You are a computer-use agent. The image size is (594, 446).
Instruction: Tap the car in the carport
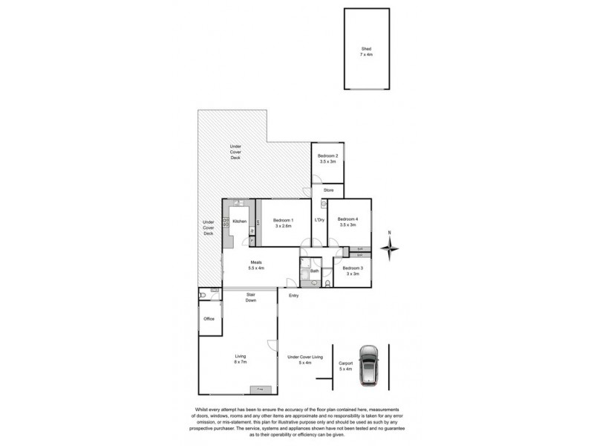tap(369, 366)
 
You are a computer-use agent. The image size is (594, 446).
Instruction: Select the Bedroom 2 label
tap(327, 158)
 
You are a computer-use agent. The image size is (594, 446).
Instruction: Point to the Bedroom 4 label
tap(347, 222)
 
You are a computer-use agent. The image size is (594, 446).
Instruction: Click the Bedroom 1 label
tap(284, 222)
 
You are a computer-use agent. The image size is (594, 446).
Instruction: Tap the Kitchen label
tap(239, 222)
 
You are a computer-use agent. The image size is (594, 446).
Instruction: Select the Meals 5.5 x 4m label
tap(257, 265)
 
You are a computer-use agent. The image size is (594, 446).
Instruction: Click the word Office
tap(209, 319)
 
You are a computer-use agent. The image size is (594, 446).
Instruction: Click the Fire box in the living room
tap(261, 389)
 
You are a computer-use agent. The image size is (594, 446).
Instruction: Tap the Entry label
tap(294, 296)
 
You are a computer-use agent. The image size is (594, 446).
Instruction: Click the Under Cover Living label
tap(305, 360)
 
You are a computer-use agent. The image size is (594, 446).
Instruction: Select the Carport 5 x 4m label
tap(346, 366)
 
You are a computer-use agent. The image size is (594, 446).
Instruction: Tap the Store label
tap(328, 190)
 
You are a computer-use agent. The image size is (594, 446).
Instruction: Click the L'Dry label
tap(320, 220)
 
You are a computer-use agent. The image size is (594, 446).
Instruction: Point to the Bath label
tap(314, 271)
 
